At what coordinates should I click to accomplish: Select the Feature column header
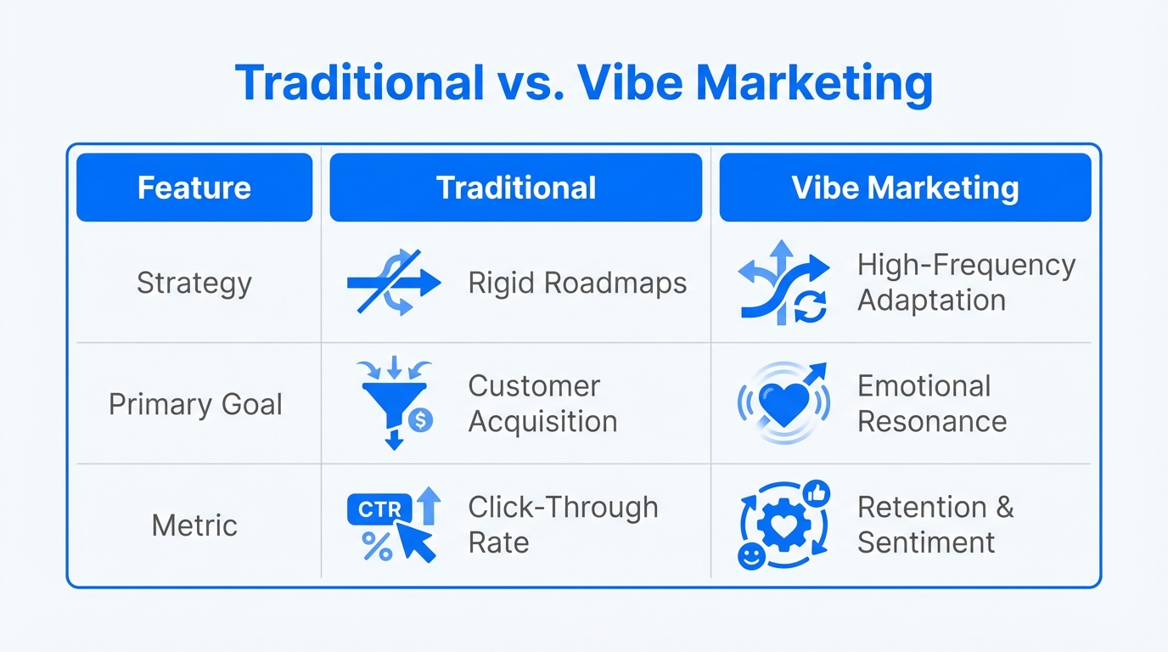pyautogui.click(x=194, y=188)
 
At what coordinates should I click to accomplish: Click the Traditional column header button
pyautogui.click(x=515, y=188)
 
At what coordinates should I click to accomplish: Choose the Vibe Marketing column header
pyautogui.click(x=905, y=188)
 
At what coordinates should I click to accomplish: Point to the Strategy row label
pyautogui.click(x=194, y=283)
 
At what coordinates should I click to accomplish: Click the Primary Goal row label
pyautogui.click(x=195, y=404)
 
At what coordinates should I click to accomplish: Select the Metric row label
pyautogui.click(x=194, y=526)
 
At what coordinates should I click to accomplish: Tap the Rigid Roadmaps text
pyautogui.click(x=577, y=283)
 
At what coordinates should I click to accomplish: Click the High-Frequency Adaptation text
pyautogui.click(x=966, y=283)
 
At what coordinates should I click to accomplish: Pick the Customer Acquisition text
pyautogui.click(x=542, y=404)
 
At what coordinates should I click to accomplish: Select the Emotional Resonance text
pyautogui.click(x=932, y=404)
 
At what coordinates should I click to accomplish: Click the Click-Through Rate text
pyautogui.click(x=563, y=525)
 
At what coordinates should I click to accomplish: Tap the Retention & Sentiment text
pyautogui.click(x=935, y=525)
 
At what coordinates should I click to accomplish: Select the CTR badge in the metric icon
pyautogui.click(x=379, y=510)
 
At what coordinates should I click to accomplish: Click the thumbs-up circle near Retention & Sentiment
pyautogui.click(x=816, y=493)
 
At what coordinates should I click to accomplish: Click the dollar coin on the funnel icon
pyautogui.click(x=421, y=419)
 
